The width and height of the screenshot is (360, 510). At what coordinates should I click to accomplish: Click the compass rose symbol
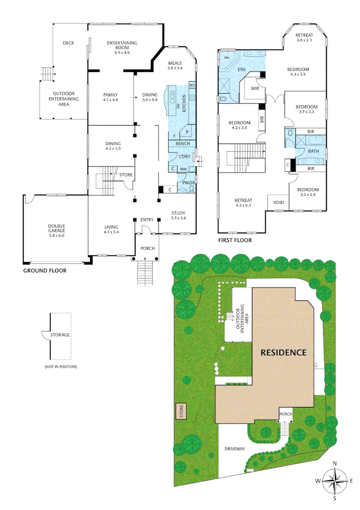tap(335, 481)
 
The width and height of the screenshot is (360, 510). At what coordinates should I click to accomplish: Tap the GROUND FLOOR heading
tap(45, 271)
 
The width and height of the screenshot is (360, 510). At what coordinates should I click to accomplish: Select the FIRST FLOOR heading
tap(234, 240)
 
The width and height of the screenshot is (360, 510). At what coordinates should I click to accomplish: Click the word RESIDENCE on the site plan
tap(284, 352)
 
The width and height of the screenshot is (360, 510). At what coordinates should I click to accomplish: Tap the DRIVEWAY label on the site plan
tap(234, 449)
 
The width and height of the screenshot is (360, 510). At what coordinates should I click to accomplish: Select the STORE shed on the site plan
tap(181, 411)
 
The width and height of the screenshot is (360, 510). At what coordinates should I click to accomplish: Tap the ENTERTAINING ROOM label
tap(122, 45)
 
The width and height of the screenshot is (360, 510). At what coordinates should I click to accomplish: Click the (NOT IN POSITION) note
tap(61, 366)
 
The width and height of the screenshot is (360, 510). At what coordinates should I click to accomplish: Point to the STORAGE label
tap(61, 335)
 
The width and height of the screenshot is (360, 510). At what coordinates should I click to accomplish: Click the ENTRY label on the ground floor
tap(147, 220)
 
